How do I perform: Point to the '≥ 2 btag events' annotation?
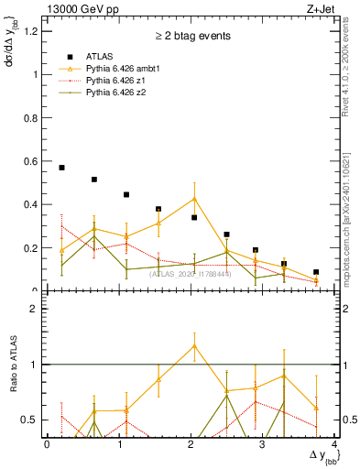coord(192,37)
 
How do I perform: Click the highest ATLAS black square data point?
coord(61,168)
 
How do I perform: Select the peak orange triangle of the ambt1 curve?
coord(194,199)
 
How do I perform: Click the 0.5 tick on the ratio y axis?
coord(31,420)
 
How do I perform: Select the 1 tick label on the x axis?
coord(119,444)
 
